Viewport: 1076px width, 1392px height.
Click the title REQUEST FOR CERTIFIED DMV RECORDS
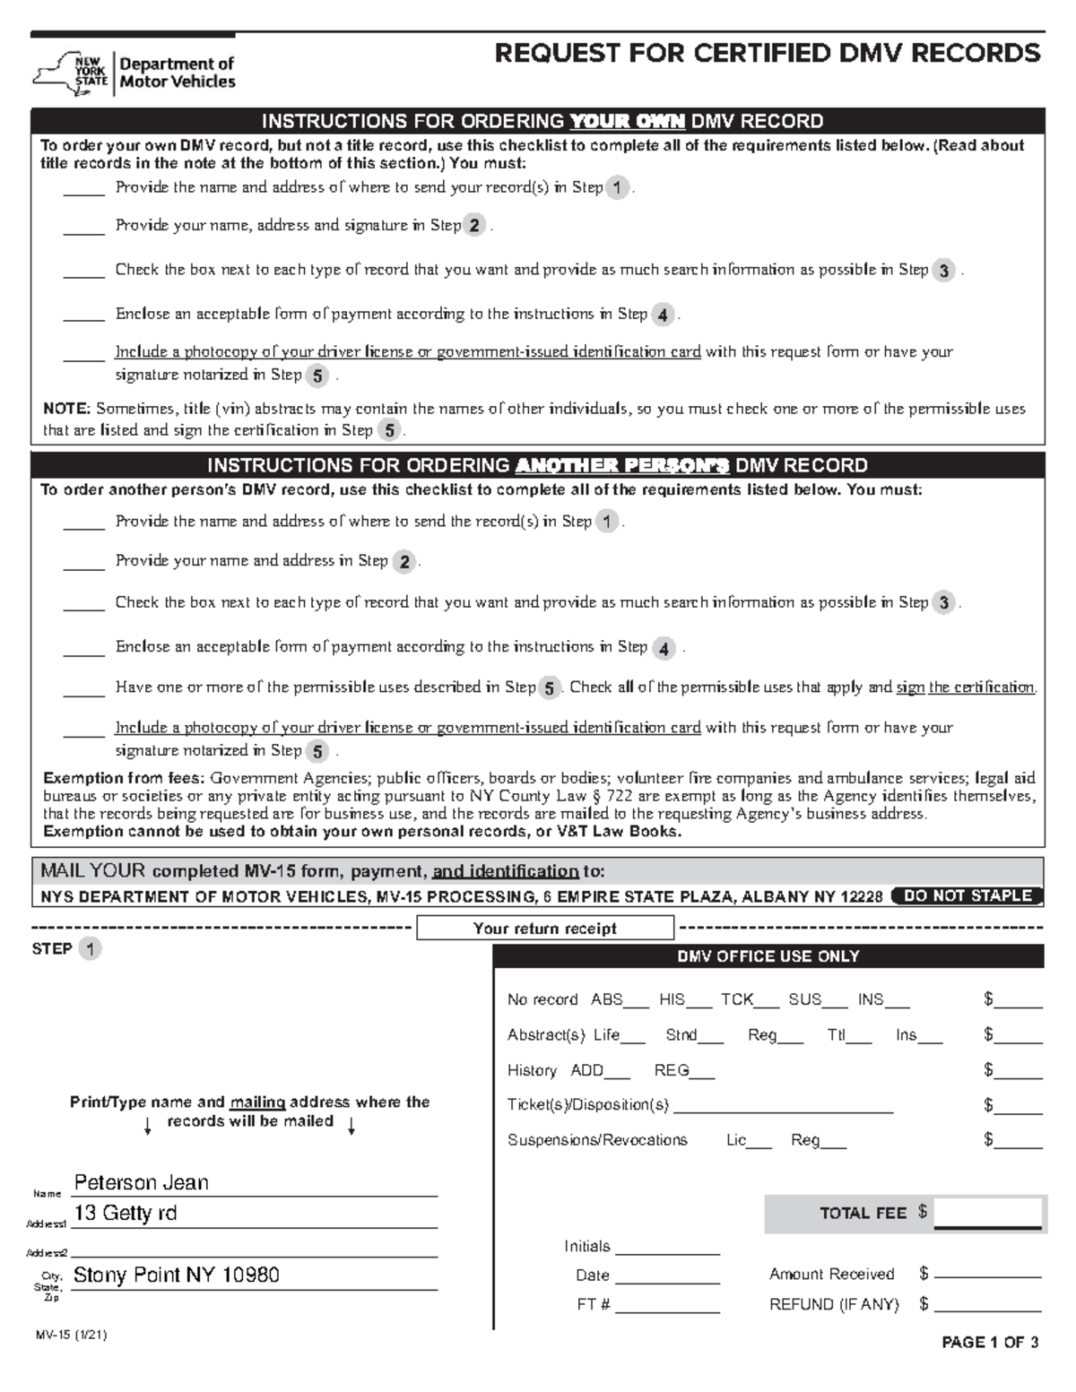click(768, 54)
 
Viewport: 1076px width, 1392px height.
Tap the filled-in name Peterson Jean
click(141, 1183)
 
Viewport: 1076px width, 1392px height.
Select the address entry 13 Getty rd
click(125, 1214)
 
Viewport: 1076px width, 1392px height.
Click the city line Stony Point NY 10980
click(176, 1275)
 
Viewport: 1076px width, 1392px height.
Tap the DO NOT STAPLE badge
click(968, 896)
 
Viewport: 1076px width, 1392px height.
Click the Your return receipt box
click(544, 929)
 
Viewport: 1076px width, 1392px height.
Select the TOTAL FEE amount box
click(986, 1213)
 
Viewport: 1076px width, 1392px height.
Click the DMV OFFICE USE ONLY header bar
click(768, 956)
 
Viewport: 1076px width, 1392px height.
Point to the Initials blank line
click(667, 1249)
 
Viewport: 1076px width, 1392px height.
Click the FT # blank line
click(667, 1307)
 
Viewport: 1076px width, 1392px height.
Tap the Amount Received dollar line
click(987, 1275)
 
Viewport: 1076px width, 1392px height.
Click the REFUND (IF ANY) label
click(833, 1305)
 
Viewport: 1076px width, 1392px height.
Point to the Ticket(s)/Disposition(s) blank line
click(783, 1107)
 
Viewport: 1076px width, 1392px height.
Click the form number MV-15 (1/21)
click(71, 1335)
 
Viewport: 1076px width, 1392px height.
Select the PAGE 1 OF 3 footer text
click(990, 1343)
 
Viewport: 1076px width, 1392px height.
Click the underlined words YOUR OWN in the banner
click(628, 121)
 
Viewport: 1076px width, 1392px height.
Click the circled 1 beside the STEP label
click(90, 949)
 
